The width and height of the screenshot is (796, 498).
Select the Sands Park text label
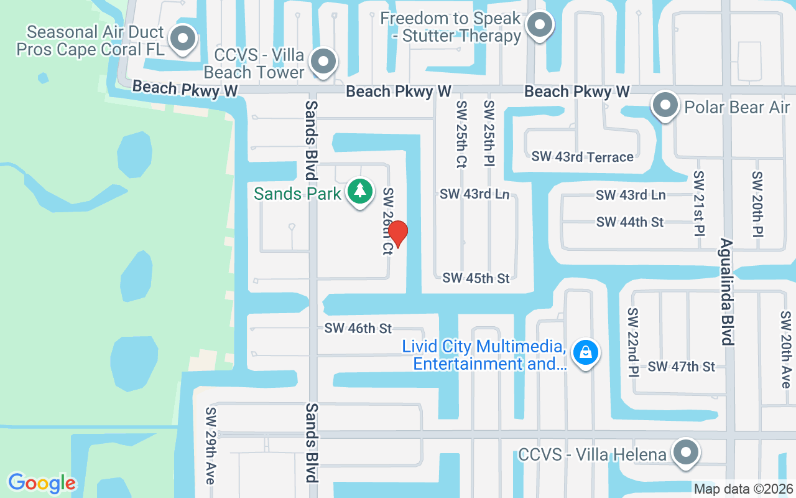[297, 194]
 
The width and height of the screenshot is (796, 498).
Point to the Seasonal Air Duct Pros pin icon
[182, 39]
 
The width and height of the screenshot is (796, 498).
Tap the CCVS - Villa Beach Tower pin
[323, 62]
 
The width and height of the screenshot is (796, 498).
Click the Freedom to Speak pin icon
[539, 26]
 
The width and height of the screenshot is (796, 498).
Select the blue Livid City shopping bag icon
[585, 352]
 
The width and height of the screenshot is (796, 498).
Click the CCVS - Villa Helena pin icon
[686, 451]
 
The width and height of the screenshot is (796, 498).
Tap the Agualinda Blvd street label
[726, 291]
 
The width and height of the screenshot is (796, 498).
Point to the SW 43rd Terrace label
[582, 157]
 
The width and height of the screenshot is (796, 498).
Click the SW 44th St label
[630, 222]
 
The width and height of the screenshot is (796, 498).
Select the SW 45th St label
[476, 278]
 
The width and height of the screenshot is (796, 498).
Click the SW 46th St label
[358, 328]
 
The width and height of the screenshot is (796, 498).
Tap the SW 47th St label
[682, 367]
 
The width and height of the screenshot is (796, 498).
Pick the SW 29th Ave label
[211, 446]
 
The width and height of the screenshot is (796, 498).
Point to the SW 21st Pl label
[700, 203]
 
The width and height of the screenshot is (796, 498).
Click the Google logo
[42, 483]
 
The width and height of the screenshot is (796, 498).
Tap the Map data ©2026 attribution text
[743, 489]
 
